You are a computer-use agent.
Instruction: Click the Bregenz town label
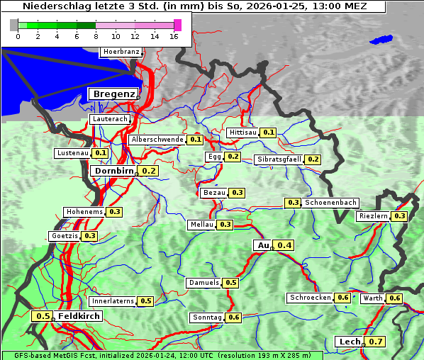[x=112, y=94]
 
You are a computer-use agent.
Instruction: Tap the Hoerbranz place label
[x=120, y=52]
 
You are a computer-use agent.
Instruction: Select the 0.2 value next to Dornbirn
[x=149, y=171]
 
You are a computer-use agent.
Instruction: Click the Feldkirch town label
[x=79, y=316]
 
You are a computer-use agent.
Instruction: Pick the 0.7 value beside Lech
[x=375, y=342]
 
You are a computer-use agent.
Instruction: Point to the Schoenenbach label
[x=330, y=203]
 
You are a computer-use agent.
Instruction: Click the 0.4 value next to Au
[x=284, y=245]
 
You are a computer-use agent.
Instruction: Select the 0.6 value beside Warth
[x=395, y=298]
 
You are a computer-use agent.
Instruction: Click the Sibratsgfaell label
[x=279, y=159]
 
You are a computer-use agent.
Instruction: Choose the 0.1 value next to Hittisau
[x=269, y=133]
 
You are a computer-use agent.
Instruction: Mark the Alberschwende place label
[x=157, y=140]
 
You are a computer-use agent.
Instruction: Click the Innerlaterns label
[x=113, y=301]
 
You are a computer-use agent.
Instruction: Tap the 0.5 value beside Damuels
[x=230, y=283]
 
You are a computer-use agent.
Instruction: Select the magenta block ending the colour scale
[x=177, y=25]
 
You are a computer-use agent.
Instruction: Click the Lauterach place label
[x=110, y=119]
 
